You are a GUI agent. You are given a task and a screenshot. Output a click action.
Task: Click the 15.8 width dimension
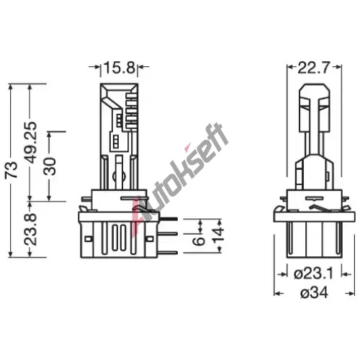120,68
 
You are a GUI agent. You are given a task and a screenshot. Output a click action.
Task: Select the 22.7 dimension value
314,68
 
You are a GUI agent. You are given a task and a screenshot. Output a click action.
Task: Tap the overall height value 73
12,170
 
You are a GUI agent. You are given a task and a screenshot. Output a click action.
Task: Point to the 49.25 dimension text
31,143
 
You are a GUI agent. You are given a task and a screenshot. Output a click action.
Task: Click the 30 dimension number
50,166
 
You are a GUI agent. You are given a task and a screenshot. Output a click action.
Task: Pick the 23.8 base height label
31,230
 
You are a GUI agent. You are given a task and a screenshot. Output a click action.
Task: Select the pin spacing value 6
199,241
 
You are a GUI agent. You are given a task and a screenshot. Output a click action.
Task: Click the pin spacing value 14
218,235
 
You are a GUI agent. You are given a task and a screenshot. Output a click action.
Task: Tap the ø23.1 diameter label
314,274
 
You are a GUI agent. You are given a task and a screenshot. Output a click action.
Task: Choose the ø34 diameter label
314,293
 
